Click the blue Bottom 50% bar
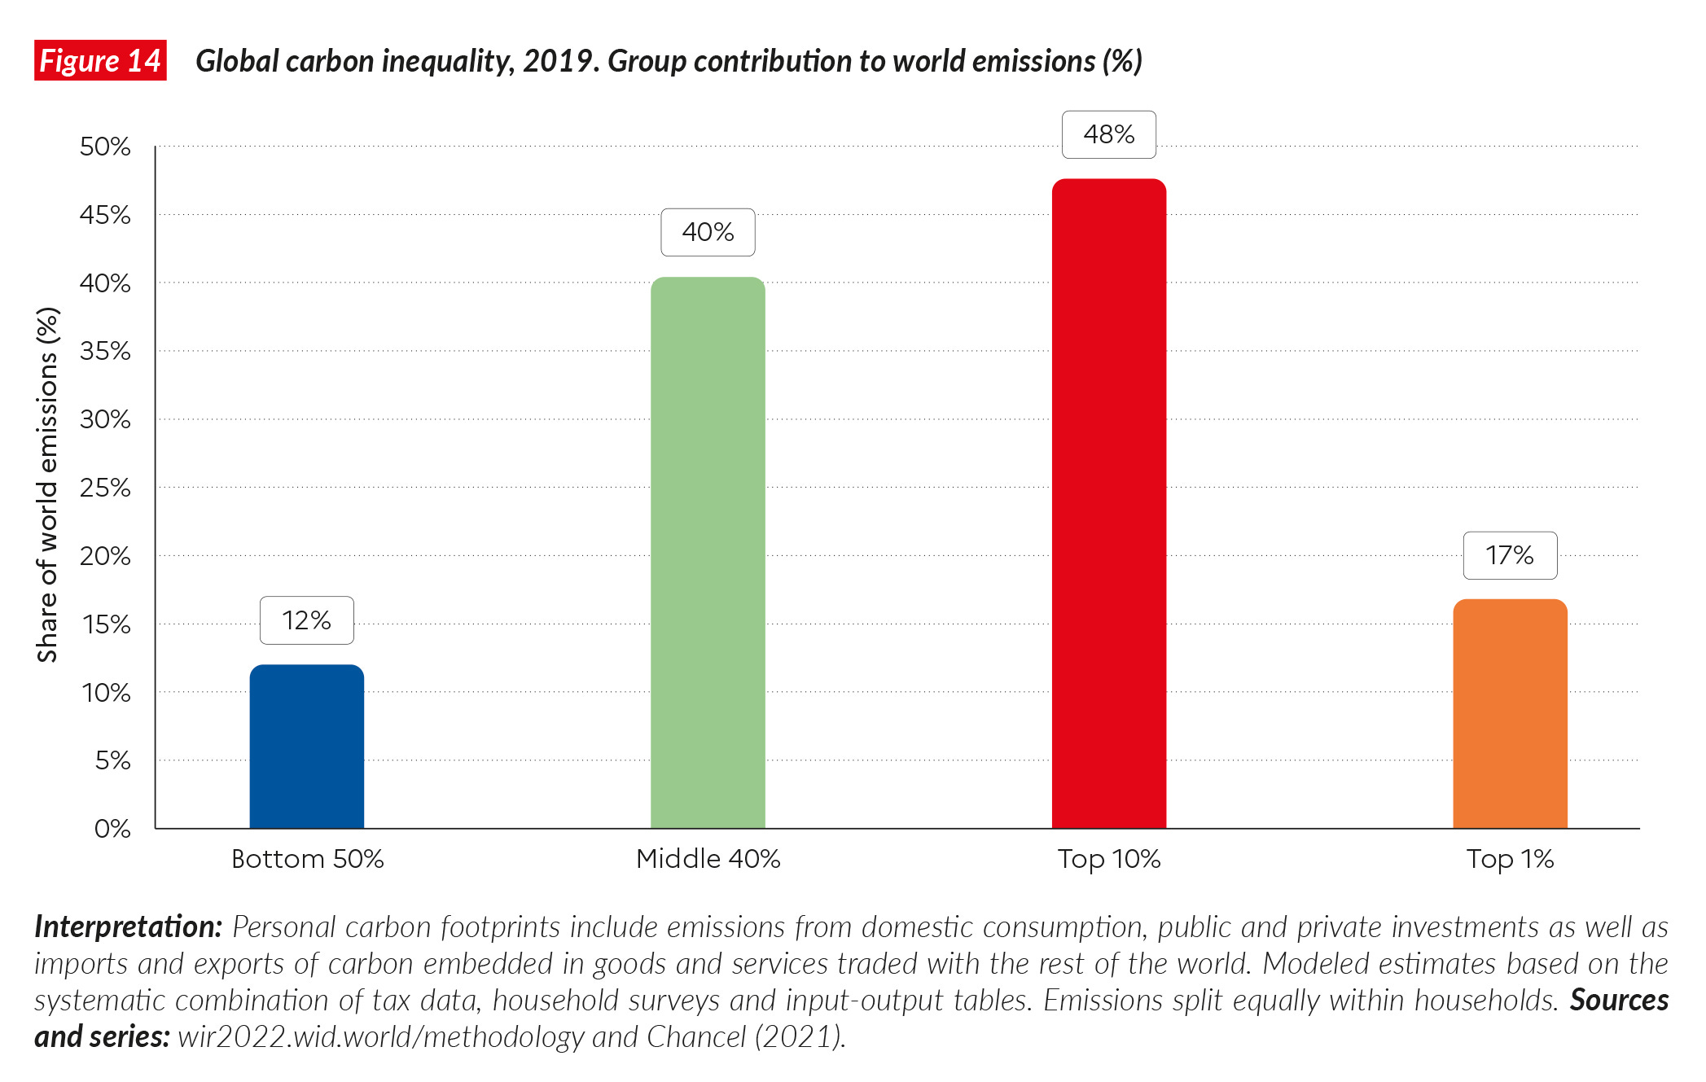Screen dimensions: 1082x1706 coord(306,747)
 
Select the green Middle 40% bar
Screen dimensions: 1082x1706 coord(708,553)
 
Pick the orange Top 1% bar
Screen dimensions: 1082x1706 coord(1510,714)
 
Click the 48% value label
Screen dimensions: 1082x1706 coord(1108,134)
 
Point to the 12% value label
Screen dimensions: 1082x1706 coord(306,620)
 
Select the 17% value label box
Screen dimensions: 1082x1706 coord(1510,555)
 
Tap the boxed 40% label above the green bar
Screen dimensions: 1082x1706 coord(708,232)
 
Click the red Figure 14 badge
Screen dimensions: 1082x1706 coord(100,61)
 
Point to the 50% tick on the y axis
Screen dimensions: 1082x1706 coord(105,147)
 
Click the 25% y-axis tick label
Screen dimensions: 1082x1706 coord(105,488)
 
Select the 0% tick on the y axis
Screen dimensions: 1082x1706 coord(112,829)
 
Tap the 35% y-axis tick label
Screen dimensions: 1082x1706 coord(105,351)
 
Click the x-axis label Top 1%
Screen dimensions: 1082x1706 coord(1510,859)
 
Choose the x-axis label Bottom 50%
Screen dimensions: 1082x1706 coord(307,859)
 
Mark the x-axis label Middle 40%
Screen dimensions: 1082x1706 coord(708,859)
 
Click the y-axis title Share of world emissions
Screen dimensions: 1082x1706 coord(47,484)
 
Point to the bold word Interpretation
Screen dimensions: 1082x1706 coord(128,926)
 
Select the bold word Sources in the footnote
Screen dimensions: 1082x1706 coord(1619,1000)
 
